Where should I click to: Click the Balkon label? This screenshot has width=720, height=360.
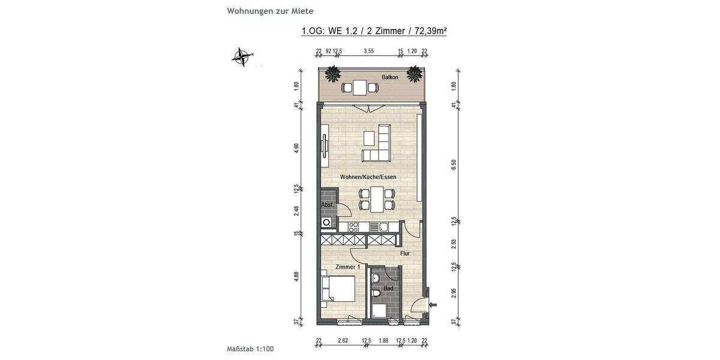tap(390, 77)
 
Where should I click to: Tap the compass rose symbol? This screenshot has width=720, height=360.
tap(242, 57)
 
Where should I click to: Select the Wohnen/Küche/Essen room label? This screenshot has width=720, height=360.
tap(368, 178)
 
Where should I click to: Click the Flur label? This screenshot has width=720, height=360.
tap(405, 253)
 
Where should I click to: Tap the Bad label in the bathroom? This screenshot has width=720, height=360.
tap(389, 289)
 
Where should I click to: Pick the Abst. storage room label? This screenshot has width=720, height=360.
tap(326, 205)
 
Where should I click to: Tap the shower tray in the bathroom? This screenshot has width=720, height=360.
tap(379, 311)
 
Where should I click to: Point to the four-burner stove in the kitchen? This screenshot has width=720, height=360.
tap(354, 227)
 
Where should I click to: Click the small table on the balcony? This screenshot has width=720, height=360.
tap(359, 88)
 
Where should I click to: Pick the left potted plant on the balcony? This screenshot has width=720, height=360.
tap(332, 74)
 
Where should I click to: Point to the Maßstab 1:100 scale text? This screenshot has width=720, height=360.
tap(251, 348)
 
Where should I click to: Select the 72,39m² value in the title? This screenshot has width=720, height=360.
tap(427, 32)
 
